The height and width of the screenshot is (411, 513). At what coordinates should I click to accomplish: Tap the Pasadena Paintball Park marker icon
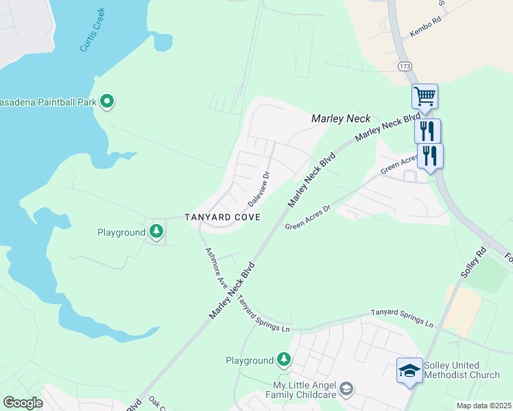(107, 102)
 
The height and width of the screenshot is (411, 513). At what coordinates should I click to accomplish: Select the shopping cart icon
(425, 96)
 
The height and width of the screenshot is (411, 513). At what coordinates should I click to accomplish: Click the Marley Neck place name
(341, 119)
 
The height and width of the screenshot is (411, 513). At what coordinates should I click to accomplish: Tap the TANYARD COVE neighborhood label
(222, 217)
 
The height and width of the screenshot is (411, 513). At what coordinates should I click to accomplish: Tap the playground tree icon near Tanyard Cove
(157, 232)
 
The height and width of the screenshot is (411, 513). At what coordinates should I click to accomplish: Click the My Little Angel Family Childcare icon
(347, 389)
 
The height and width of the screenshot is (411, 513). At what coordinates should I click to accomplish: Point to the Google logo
(23, 403)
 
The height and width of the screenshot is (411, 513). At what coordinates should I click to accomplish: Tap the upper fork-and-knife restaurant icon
(427, 130)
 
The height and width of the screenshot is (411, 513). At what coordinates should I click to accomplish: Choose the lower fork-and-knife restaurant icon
(430, 155)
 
